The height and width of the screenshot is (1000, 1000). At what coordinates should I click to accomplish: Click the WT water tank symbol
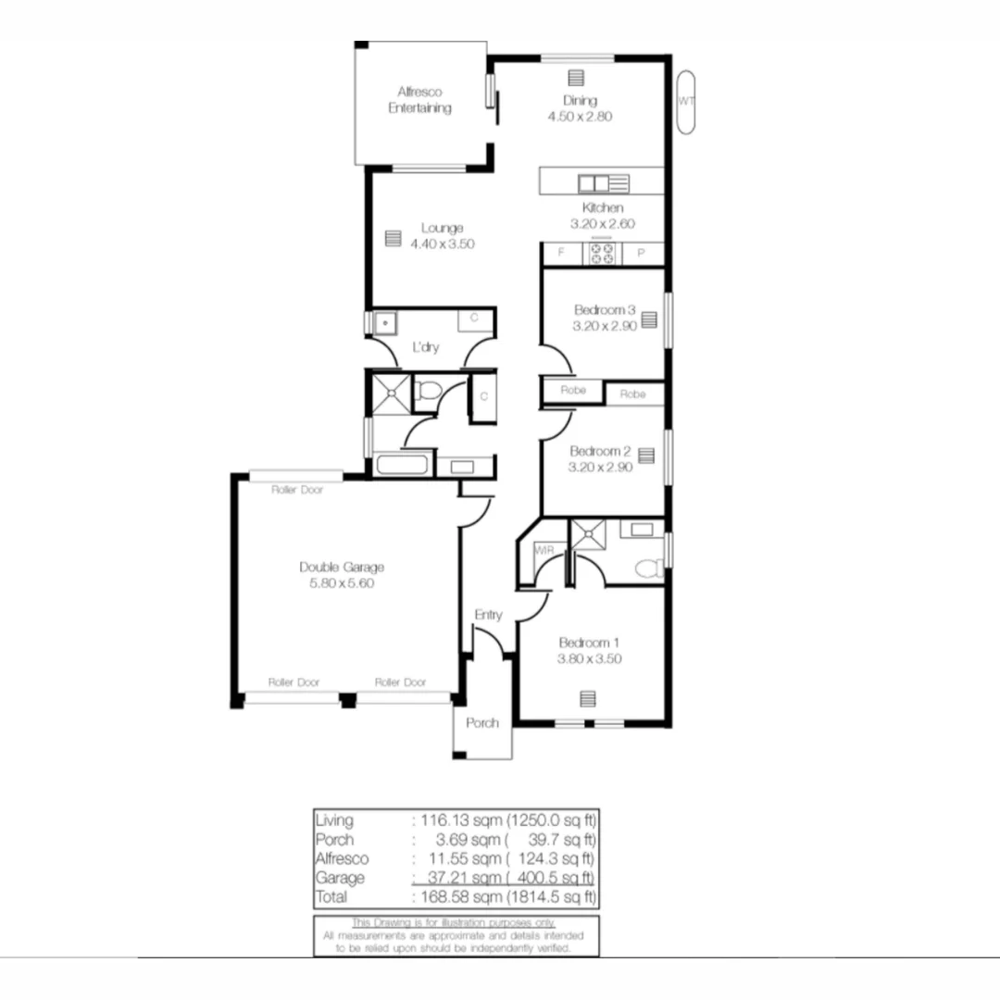click(685, 102)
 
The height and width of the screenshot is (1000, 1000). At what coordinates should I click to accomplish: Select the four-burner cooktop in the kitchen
click(602, 253)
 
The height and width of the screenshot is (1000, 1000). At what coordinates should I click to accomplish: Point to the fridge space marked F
click(560, 253)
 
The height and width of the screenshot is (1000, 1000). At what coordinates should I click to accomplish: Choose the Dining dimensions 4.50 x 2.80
click(581, 117)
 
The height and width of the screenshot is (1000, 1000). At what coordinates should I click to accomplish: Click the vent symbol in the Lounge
click(393, 238)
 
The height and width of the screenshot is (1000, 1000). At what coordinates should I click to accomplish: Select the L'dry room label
click(425, 348)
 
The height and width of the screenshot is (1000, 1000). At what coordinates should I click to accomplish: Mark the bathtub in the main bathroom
click(402, 464)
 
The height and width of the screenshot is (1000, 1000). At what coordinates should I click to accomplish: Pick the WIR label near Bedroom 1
click(544, 551)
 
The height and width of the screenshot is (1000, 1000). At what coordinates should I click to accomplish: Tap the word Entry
click(488, 615)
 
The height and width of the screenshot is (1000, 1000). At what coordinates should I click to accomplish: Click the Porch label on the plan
click(482, 723)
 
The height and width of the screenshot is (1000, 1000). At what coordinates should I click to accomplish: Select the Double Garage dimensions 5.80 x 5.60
click(342, 583)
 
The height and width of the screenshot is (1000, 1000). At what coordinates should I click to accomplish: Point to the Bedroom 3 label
click(604, 310)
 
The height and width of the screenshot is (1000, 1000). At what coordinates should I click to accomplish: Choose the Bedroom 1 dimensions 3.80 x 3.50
click(589, 659)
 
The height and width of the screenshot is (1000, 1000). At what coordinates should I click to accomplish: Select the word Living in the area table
click(334, 819)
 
